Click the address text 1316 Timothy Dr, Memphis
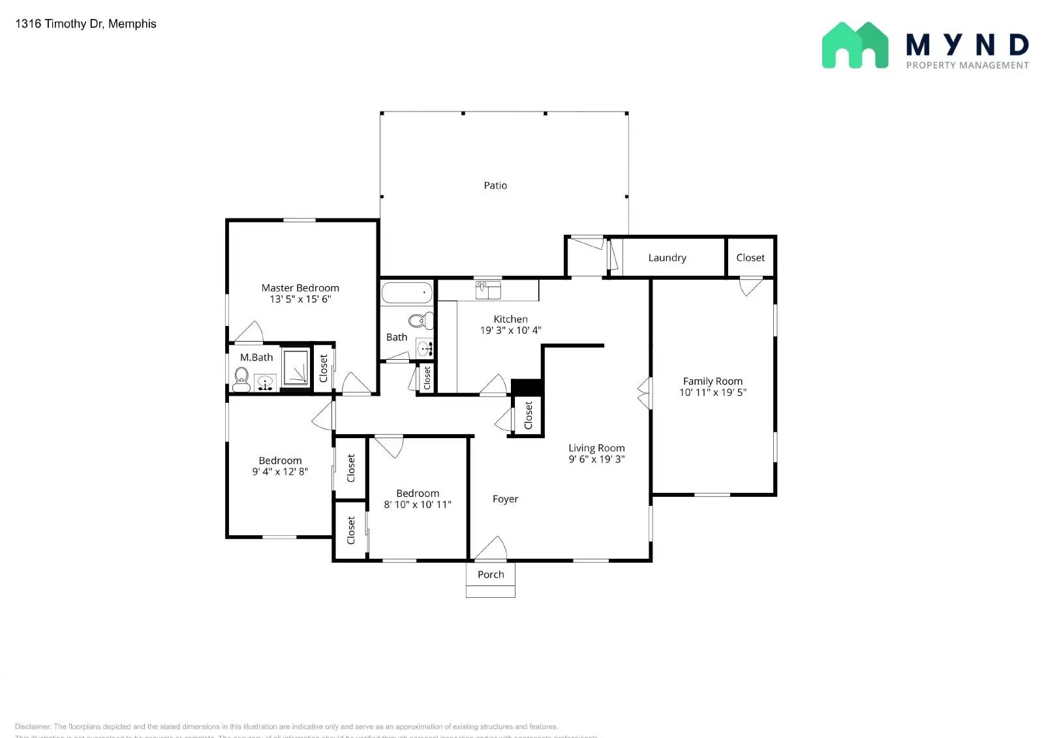click(85, 24)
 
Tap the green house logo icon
click(855, 46)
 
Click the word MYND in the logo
click(967, 45)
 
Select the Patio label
click(495, 186)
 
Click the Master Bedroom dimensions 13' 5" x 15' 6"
click(300, 299)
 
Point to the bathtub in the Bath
click(407, 293)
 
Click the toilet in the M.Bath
click(241, 379)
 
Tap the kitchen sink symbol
click(488, 290)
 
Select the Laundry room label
click(667, 258)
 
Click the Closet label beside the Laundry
click(750, 258)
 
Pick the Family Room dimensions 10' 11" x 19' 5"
click(713, 392)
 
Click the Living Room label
click(596, 448)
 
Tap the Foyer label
click(505, 499)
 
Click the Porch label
click(491, 575)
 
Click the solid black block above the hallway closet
click(527, 387)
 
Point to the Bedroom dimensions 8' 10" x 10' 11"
click(418, 505)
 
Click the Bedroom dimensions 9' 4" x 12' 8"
click(280, 471)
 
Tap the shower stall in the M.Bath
click(296, 368)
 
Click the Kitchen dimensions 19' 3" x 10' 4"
click(510, 331)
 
